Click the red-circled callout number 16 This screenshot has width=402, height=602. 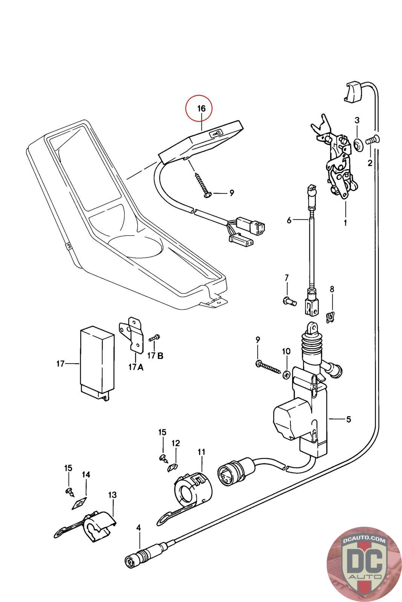coord(202,109)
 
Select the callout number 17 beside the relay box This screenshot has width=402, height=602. coord(60,363)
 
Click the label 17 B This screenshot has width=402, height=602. coord(155,356)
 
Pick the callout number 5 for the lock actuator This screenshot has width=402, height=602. coord(349,419)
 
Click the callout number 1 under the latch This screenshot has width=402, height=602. coord(345,223)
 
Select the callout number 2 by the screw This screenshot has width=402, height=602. coord(370,163)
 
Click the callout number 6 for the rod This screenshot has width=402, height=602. coord(289,220)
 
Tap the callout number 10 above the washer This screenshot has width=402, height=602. coord(286,351)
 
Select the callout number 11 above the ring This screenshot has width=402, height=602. coord(202,451)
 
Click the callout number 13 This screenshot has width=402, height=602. coord(112,495)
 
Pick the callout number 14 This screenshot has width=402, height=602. coord(86,474)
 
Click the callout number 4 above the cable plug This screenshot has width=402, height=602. coord(139,528)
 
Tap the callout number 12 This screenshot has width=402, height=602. coord(176,444)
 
